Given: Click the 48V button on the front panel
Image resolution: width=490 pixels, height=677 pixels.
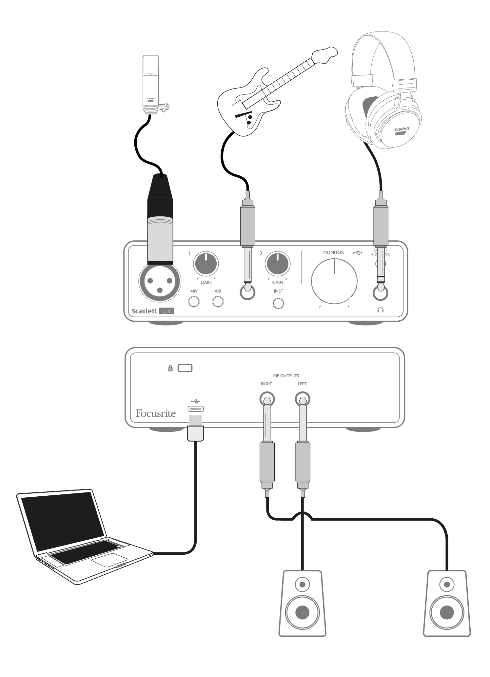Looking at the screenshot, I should (194, 302).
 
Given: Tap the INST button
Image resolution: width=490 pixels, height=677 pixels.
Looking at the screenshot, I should (278, 304).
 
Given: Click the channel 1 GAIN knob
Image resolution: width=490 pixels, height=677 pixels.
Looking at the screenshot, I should (206, 264).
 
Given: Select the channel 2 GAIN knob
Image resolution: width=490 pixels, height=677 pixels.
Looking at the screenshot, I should (278, 264).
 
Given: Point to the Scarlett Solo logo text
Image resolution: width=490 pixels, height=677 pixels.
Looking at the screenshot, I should (152, 311).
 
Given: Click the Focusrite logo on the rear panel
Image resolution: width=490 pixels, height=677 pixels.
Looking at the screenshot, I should (156, 413).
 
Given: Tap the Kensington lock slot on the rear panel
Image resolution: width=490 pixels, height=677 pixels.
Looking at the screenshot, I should (185, 368).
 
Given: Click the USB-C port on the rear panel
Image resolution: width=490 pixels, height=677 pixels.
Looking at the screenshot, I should (196, 408).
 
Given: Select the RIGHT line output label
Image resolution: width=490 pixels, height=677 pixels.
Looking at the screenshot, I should (266, 384).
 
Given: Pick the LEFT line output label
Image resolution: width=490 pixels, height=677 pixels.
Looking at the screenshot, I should (302, 384).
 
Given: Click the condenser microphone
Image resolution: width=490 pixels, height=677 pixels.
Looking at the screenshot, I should (151, 84).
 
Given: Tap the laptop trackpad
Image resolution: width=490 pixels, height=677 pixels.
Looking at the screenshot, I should (109, 560).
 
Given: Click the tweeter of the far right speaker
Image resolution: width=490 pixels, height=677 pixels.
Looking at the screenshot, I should (447, 585).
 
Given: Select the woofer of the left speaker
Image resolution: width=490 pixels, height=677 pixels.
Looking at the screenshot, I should (302, 612).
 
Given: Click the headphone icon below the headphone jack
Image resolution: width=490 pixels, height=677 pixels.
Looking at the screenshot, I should (381, 310).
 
